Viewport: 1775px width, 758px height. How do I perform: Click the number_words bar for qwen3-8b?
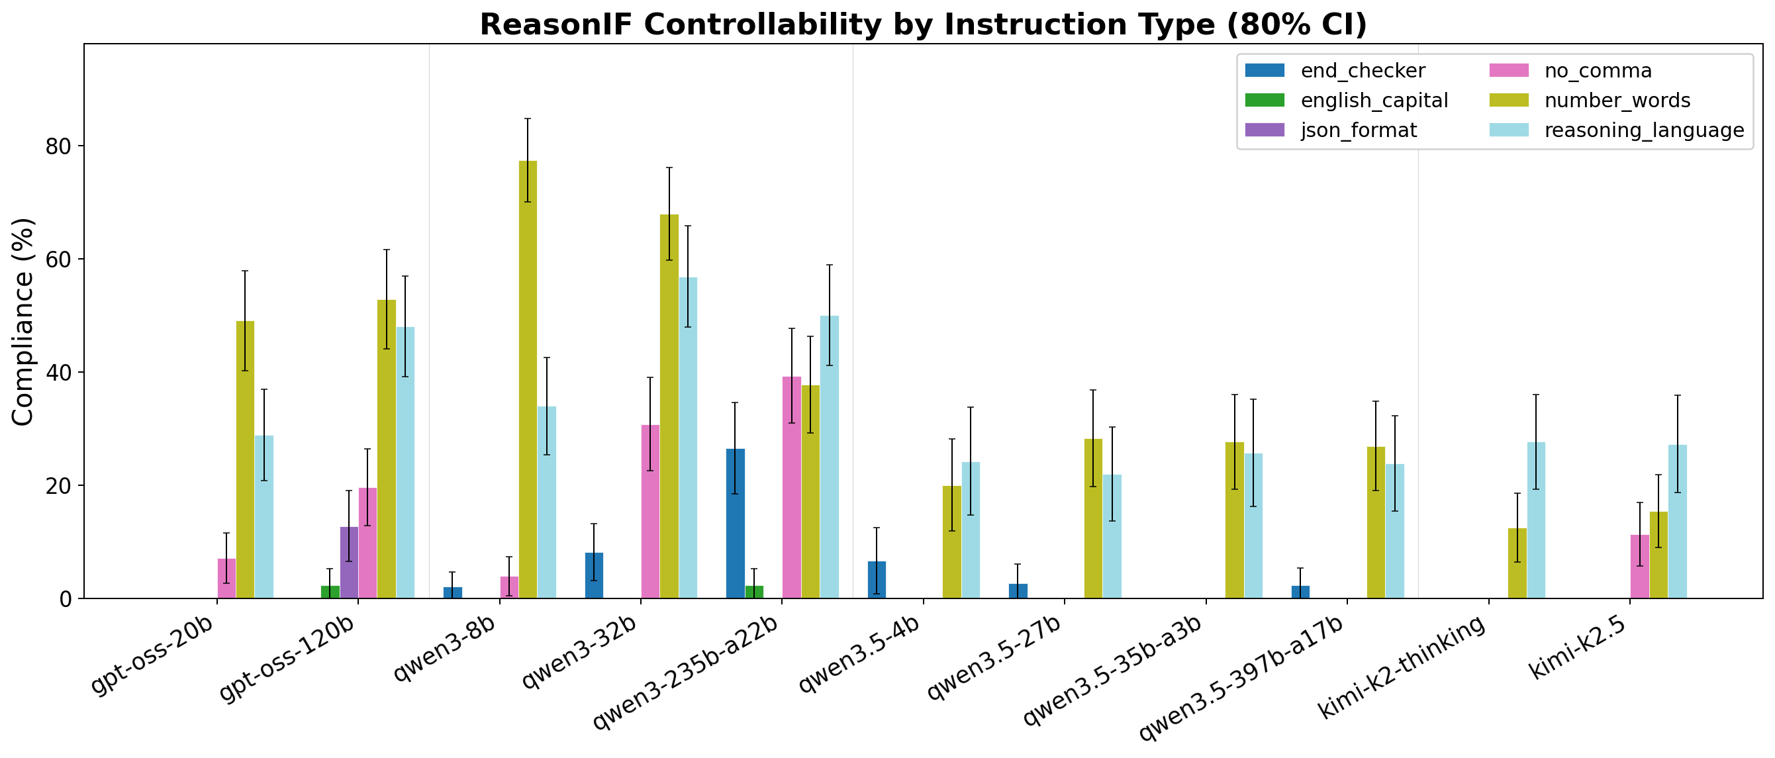coord(528,379)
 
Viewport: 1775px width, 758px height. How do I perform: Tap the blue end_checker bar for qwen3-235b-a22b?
coord(735,524)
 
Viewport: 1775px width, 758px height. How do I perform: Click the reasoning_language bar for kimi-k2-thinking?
coord(1536,520)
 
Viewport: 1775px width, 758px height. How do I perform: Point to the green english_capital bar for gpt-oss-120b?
coord(330,592)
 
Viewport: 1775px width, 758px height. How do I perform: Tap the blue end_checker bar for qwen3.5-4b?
coord(877,579)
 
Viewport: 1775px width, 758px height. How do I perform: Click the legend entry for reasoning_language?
coord(1644,131)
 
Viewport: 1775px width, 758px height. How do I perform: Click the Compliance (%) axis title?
coord(23,321)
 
